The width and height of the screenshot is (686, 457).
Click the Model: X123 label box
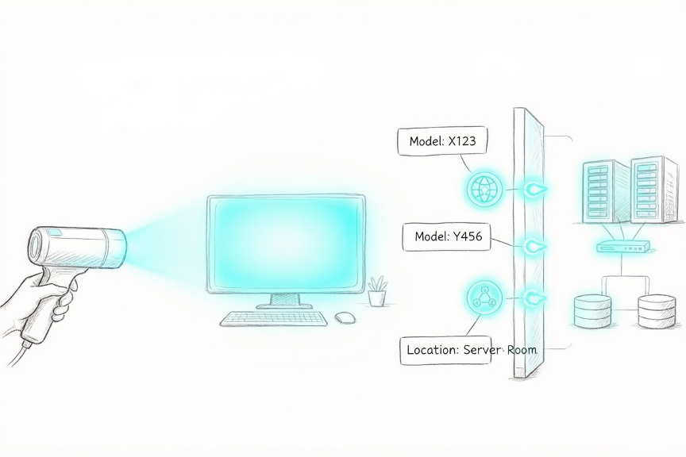[442, 141]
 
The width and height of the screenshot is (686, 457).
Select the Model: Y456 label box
[446, 237]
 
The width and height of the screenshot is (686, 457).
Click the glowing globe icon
[483, 189]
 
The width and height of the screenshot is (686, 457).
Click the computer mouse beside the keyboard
[345, 317]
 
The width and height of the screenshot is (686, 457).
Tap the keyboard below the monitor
[273, 319]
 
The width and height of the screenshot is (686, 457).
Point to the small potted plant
[377, 291]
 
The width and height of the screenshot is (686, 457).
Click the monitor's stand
[285, 301]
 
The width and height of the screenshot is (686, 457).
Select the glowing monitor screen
[286, 244]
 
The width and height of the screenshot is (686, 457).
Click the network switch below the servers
[623, 247]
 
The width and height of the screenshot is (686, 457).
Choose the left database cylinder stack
[592, 311]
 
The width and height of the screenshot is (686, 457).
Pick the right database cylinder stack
[657, 311]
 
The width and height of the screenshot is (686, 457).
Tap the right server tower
[654, 190]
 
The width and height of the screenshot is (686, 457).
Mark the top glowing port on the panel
[534, 190]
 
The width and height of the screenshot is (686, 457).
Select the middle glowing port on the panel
[534, 246]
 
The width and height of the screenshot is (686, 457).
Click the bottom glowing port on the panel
[534, 298]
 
